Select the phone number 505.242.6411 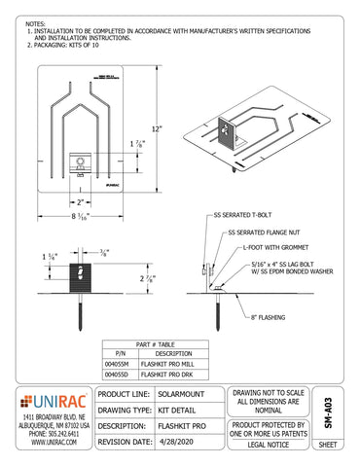(x=56, y=433)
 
